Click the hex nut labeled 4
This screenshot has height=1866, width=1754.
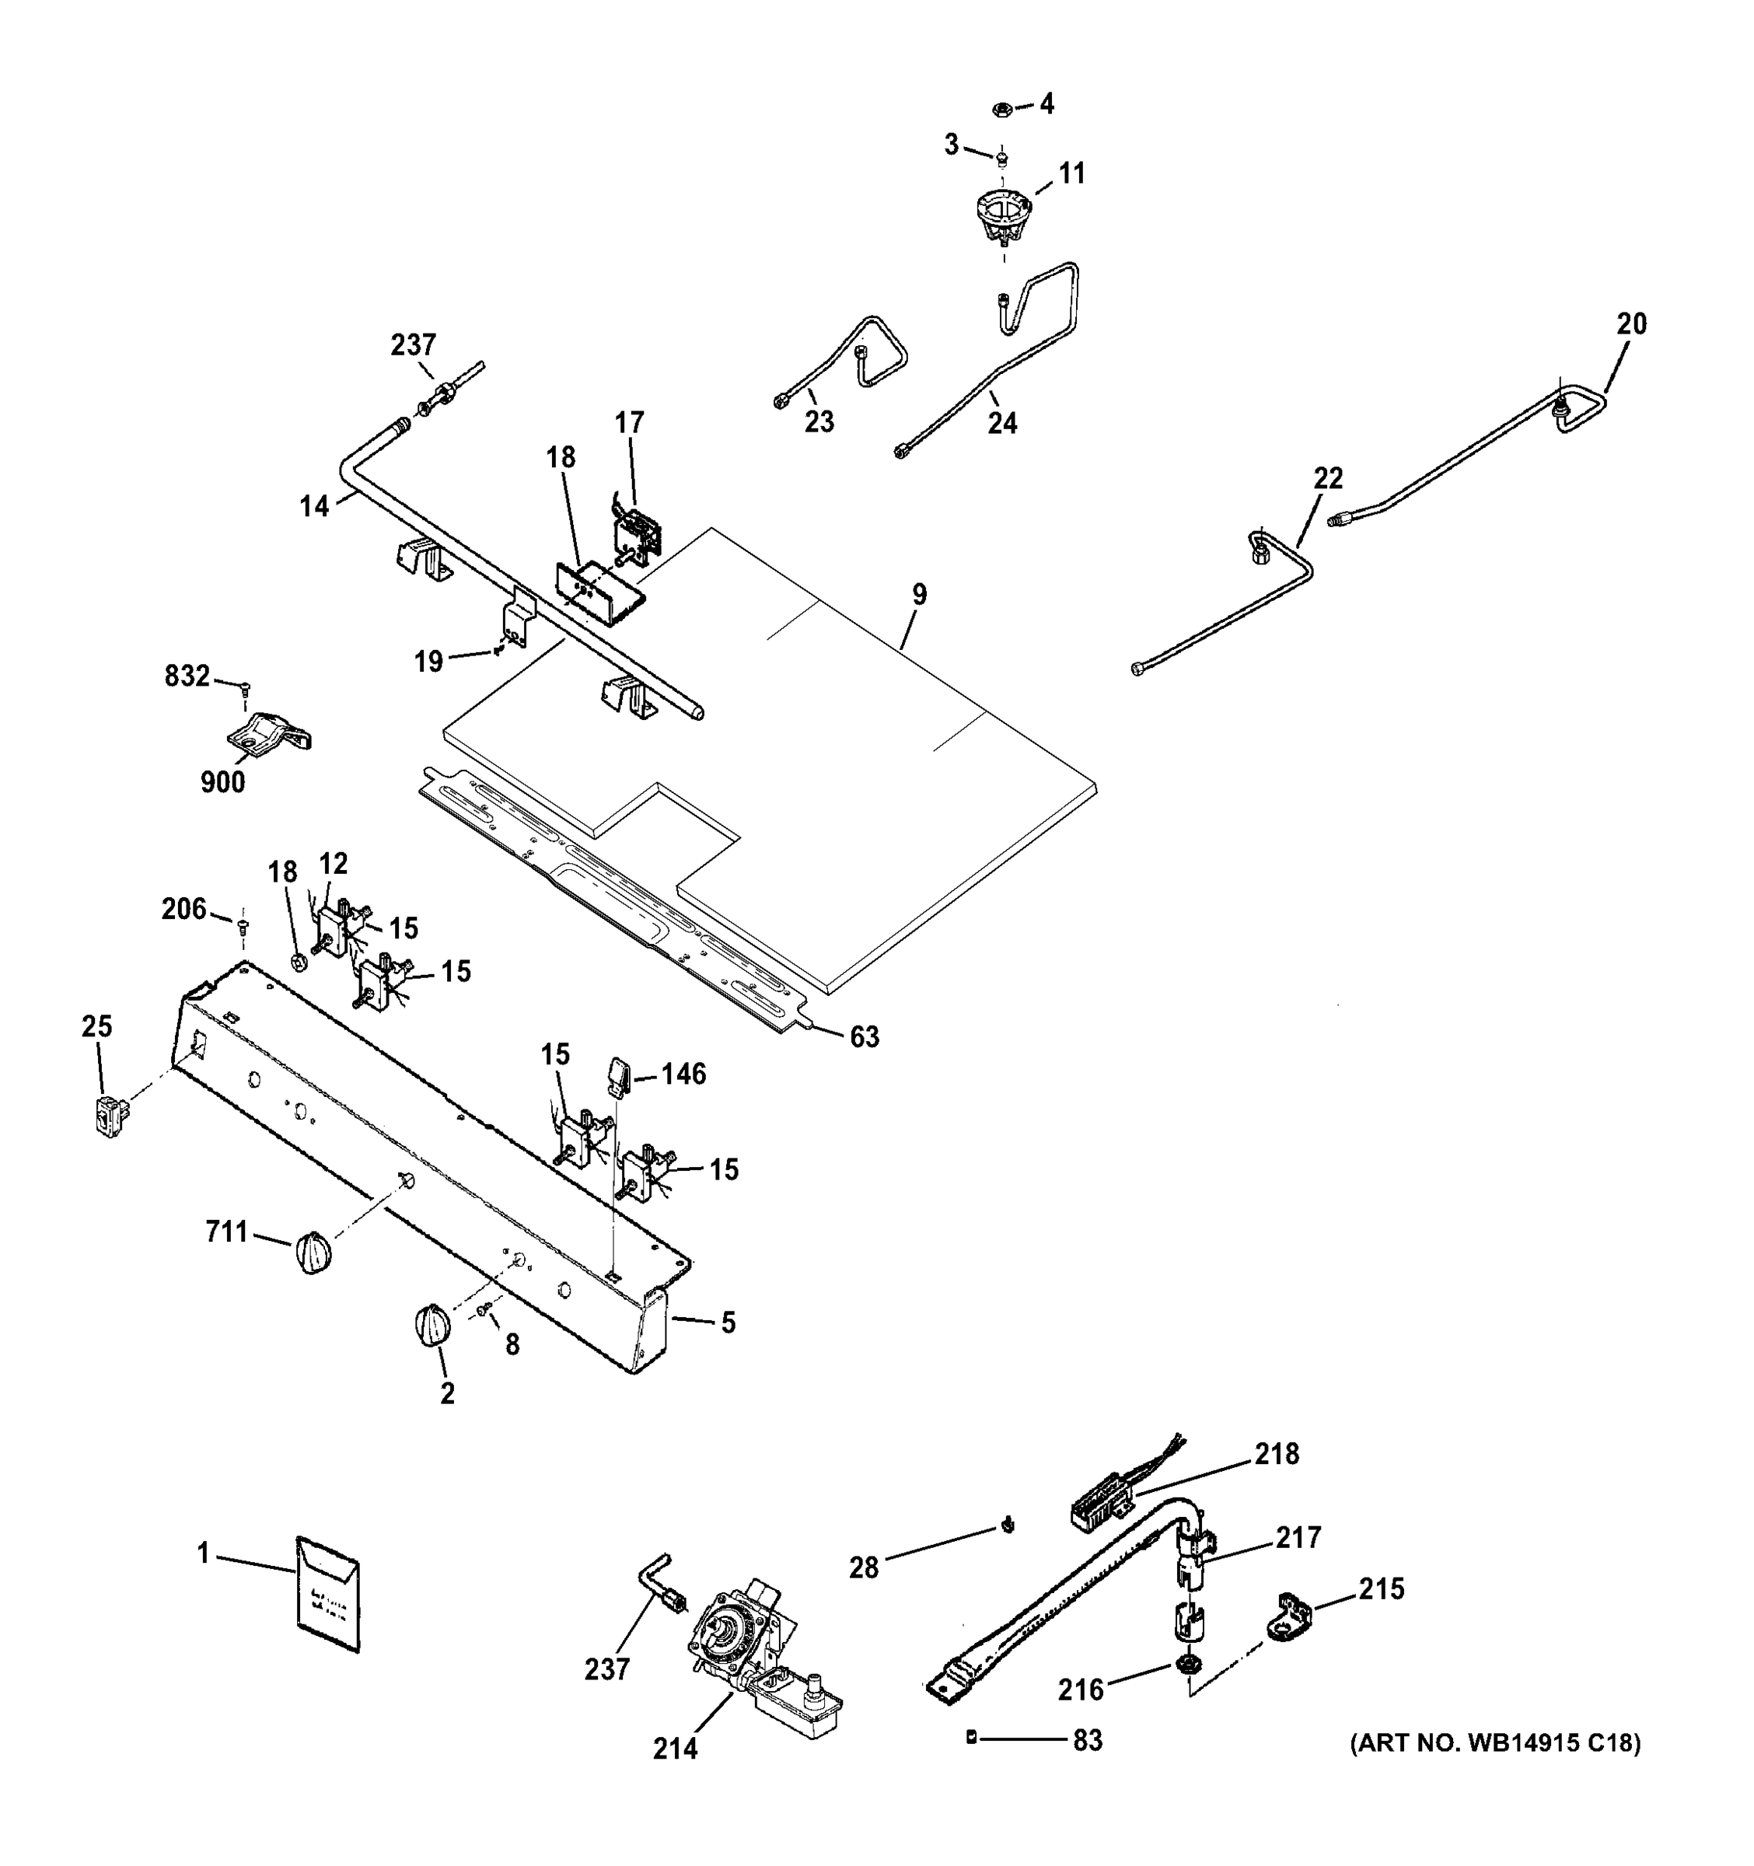[x=1001, y=110]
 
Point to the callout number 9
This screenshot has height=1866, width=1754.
[x=919, y=594]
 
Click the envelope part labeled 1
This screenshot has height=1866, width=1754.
[x=327, y=1595]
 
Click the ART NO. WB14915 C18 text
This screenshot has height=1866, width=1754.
[x=1495, y=1744]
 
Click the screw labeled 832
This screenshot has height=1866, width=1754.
[x=246, y=688]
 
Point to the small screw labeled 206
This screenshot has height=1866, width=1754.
[x=244, y=928]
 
